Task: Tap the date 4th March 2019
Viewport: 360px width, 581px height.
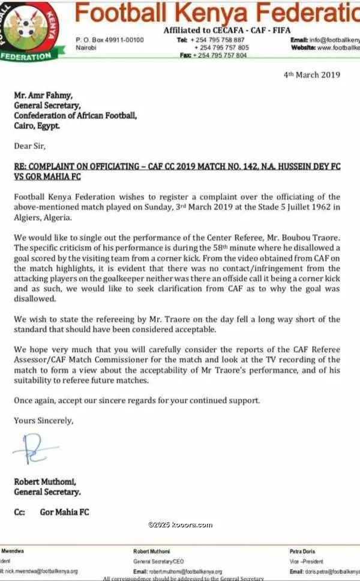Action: pyautogui.click(x=311, y=75)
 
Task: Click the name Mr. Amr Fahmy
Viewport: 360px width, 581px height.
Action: pyautogui.click(x=40, y=94)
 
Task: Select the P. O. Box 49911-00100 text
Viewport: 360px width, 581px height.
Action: pyautogui.click(x=110, y=40)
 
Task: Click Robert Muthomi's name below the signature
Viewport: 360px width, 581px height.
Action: pyautogui.click(x=45, y=482)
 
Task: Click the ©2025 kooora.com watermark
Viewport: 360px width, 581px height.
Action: pyautogui.click(x=180, y=525)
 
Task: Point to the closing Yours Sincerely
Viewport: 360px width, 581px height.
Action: pyautogui.click(x=43, y=421)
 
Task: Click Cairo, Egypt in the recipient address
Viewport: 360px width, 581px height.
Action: pyautogui.click(x=37, y=126)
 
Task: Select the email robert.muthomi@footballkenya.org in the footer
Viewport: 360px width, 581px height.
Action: pyautogui.click(x=186, y=571)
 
